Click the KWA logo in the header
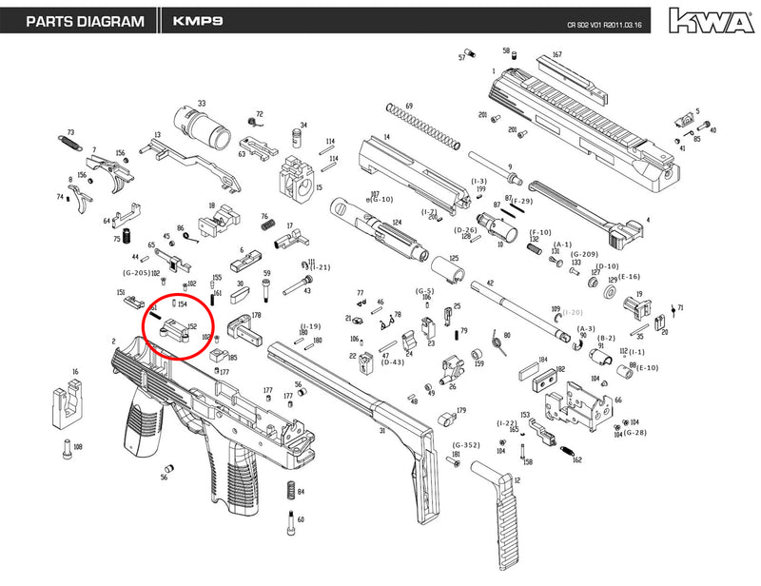(x=707, y=19)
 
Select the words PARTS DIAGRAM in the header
(x=85, y=20)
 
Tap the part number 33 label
(x=201, y=103)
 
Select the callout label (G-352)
(x=464, y=444)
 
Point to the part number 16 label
(x=74, y=372)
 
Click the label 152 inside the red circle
(x=191, y=326)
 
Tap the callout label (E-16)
(x=630, y=277)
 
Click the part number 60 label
(x=301, y=519)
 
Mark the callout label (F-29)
(x=522, y=202)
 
